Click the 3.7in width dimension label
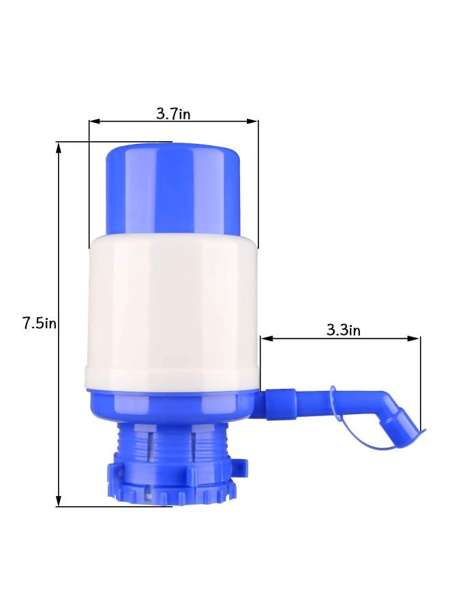click(173, 114)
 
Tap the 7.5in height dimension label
click(38, 323)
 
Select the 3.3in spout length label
click(343, 330)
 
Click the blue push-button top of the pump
click(174, 188)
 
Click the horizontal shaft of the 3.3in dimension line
click(341, 338)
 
